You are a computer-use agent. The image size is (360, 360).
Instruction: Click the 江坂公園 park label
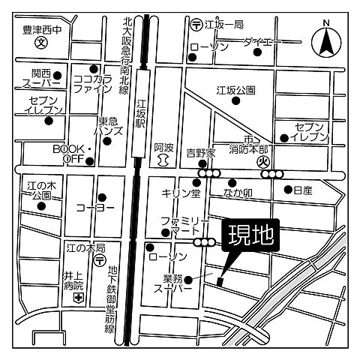point(236,90)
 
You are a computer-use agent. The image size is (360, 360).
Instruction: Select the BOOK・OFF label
point(71,154)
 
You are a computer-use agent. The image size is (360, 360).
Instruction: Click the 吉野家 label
point(201,152)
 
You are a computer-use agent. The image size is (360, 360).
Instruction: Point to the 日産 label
point(303,190)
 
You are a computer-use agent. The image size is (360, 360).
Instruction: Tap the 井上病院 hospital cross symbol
point(77,298)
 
